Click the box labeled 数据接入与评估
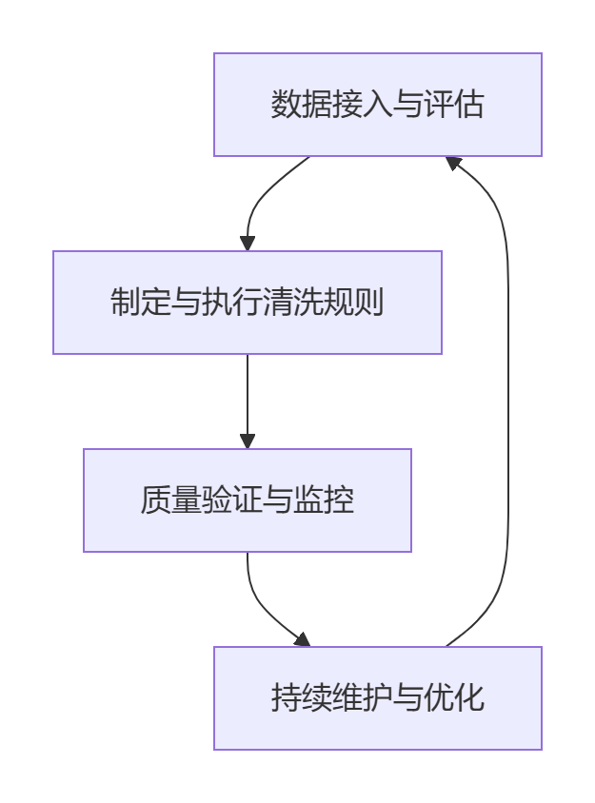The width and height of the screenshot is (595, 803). tap(377, 105)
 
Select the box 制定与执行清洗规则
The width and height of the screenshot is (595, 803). tap(248, 303)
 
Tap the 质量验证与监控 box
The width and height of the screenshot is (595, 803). tap(248, 500)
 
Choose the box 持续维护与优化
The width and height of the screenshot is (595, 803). tap(377, 698)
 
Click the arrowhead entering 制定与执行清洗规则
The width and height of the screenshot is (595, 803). tap(248, 243)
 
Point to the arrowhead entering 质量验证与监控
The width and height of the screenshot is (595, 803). tap(248, 441)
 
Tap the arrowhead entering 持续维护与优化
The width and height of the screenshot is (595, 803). tap(303, 639)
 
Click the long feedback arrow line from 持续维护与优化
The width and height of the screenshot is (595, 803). tap(506, 400)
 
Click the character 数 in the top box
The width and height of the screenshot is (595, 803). tap(286, 105)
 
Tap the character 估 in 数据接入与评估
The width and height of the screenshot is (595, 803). tap(469, 105)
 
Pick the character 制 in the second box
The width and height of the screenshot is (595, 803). tap(126, 303)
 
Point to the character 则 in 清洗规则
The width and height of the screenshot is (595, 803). tap(369, 303)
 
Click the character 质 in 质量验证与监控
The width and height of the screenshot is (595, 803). tap(155, 500)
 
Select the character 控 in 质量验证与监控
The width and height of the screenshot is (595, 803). tap(340, 500)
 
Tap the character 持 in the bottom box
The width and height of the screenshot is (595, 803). tap(286, 698)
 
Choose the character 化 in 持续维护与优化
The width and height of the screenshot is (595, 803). tap(469, 698)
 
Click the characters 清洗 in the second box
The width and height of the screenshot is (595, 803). tap(293, 303)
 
